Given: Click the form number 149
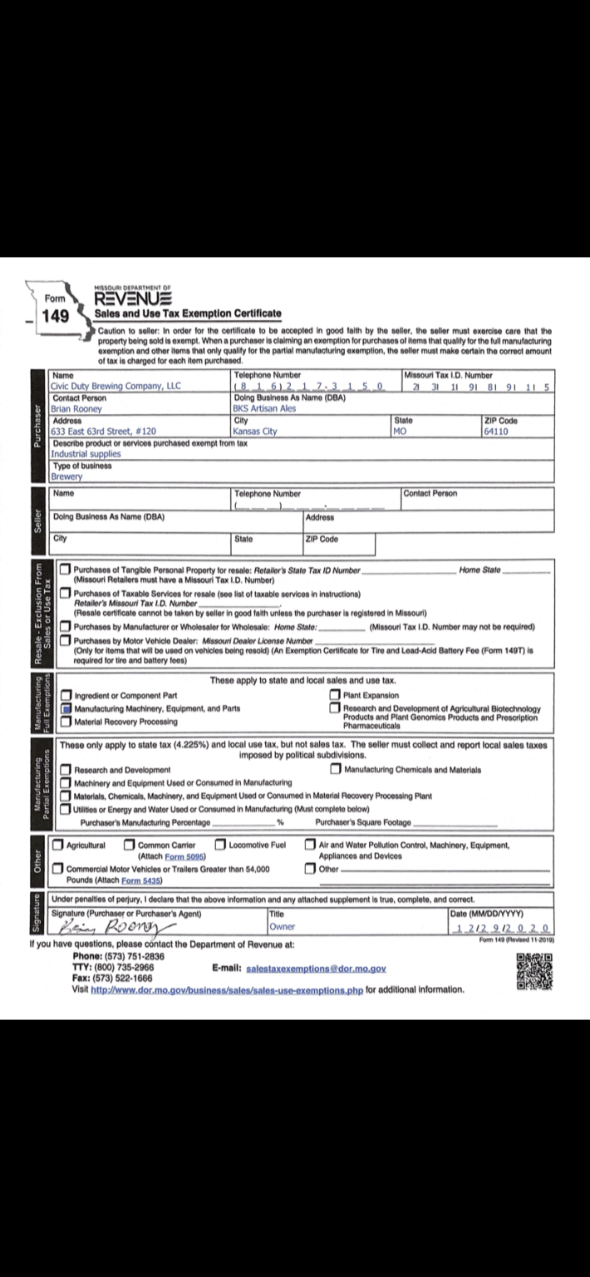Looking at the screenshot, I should tap(57, 318).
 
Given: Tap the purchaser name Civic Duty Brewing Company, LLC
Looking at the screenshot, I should tap(116, 386).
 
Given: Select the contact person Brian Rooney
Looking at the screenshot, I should tap(76, 409).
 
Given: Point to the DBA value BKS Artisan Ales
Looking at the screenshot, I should tap(264, 409).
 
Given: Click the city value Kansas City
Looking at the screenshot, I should tap(255, 431).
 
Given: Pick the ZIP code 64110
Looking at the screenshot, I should tap(499, 431).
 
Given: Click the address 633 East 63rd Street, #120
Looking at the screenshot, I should tap(103, 431).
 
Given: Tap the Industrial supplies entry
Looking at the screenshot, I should tap(86, 454).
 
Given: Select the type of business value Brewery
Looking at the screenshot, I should tap(66, 476).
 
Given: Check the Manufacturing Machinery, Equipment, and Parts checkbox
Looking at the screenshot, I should tap(66, 709).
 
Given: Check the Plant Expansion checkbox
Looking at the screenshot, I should tap(335, 696).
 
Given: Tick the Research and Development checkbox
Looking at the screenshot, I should tap(66, 770).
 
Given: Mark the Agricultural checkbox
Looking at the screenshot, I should tap(58, 846).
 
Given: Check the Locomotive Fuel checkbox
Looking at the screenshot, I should tap(220, 846).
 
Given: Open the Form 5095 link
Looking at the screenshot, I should tap(184, 856).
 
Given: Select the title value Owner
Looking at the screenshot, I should tap(283, 927).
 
